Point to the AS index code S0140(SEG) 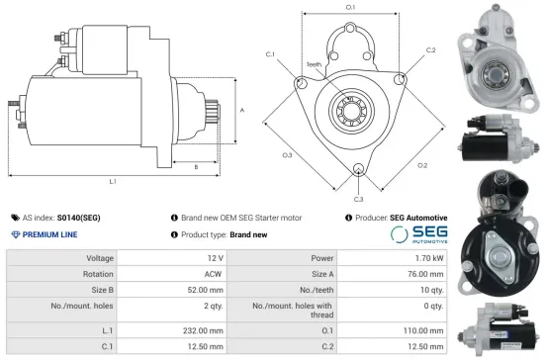coord(78,217)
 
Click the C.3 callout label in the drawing coord(358,199)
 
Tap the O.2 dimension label coord(422,165)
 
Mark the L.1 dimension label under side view coord(114,182)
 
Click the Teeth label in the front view coord(314,64)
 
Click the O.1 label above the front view coord(350,8)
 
